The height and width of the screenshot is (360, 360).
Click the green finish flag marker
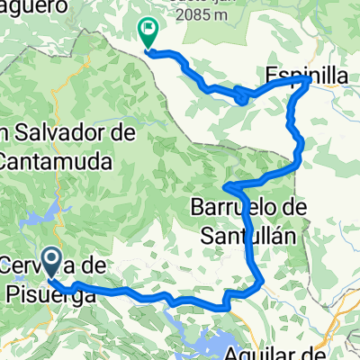pos(148,33)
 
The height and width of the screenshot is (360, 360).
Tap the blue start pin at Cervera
pos(50,264)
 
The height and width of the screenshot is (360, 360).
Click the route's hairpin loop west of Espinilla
pos(243,96)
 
